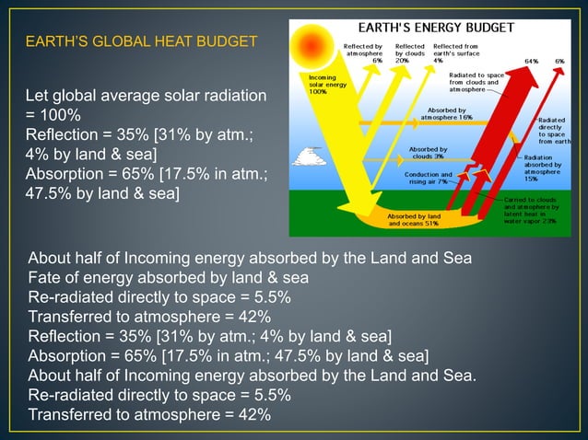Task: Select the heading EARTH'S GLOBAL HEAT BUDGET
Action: coord(141,42)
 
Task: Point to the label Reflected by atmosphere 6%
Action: coord(363,52)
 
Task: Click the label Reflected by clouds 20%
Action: coord(409,52)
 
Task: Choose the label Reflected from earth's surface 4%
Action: coord(455,52)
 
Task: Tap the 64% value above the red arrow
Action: coord(531,61)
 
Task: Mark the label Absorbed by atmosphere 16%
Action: coord(446,113)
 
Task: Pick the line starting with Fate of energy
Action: coord(168,278)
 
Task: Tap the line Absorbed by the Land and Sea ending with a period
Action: coord(253,376)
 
